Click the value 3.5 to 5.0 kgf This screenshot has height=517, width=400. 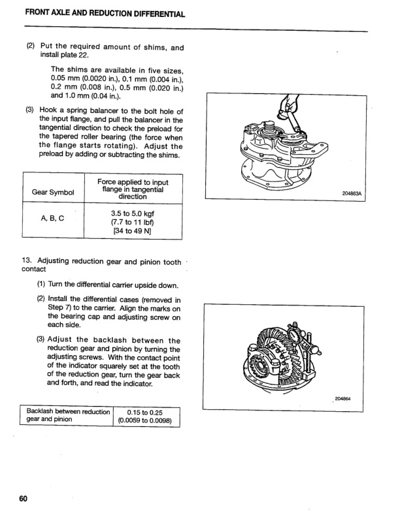click(133, 213)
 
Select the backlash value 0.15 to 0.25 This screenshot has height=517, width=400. click(145, 412)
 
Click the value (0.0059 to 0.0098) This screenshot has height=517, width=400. click(145, 421)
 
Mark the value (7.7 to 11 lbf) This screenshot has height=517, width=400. click(133, 222)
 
